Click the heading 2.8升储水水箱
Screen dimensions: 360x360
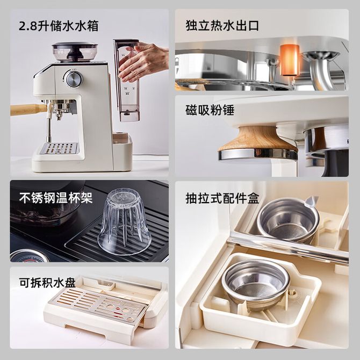pyautogui.click(x=59, y=26)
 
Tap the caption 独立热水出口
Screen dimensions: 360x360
pyautogui.click(x=222, y=25)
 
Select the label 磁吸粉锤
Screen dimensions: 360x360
pyautogui.click(x=210, y=110)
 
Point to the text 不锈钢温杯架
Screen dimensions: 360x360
pyautogui.click(x=56, y=198)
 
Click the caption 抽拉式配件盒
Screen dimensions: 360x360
pyautogui.click(x=222, y=198)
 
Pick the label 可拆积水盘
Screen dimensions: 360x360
pyautogui.click(x=47, y=283)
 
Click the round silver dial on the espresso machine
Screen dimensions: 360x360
pyautogui.click(x=73, y=78)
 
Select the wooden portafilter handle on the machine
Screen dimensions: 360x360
pyautogui.click(x=28, y=109)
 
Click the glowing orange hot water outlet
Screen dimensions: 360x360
pyautogui.click(x=289, y=60)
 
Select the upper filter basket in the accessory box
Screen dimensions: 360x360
pyautogui.click(x=287, y=220)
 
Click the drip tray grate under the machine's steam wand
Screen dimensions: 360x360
pyautogui.click(x=59, y=148)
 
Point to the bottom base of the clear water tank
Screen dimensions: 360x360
pyautogui.click(x=130, y=116)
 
